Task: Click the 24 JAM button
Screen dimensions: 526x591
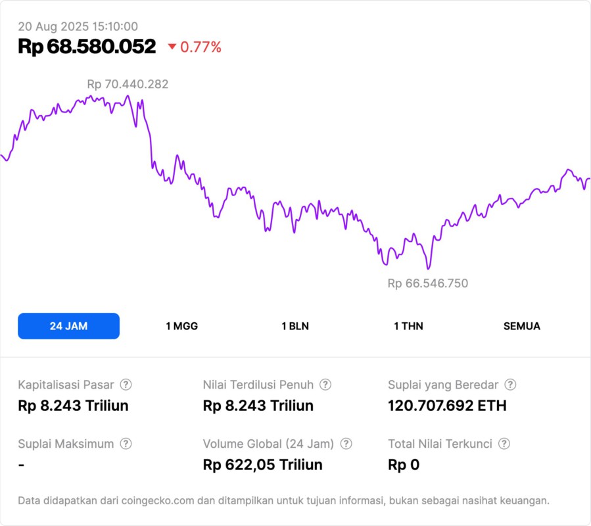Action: coord(68,326)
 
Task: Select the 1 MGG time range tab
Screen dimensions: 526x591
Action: coord(181,326)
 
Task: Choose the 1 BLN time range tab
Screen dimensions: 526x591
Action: coord(295,326)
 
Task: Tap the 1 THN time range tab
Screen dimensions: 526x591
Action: coord(408,326)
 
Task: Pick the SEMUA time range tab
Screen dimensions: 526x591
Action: coord(522,326)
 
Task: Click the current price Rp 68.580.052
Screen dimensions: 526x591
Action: coord(87,47)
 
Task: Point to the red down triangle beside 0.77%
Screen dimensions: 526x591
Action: coord(172,47)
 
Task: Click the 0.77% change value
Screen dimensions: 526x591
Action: coord(201,47)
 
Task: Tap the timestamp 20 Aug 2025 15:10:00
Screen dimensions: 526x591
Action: coord(78,26)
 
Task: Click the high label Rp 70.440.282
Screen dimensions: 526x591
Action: coord(128,84)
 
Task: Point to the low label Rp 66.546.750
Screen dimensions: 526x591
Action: coord(428,283)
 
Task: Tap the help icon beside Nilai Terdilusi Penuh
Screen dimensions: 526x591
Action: coord(325,385)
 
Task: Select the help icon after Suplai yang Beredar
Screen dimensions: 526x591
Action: coord(510,385)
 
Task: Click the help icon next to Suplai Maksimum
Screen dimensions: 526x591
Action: coord(126,444)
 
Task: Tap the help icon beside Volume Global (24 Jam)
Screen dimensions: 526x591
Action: coord(346,444)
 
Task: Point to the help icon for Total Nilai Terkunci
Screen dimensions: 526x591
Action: coord(504,444)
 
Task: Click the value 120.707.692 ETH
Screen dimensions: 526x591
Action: coord(447,406)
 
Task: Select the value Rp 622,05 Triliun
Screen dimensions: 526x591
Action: coord(263,465)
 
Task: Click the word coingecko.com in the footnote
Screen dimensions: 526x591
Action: coord(155,501)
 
